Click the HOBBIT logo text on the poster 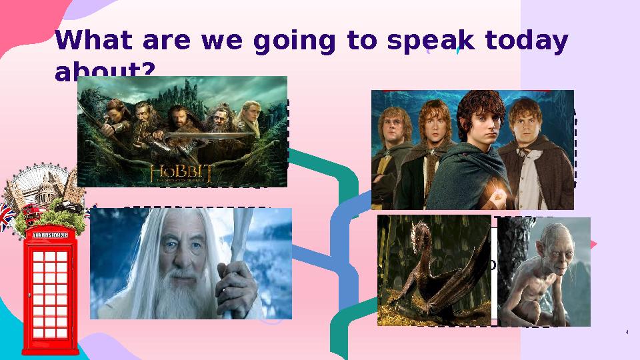click(x=181, y=173)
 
